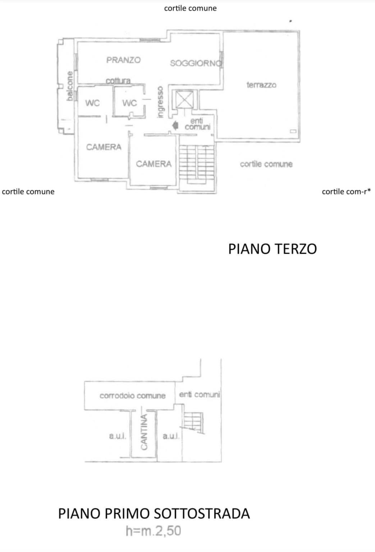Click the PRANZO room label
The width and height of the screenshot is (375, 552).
pos(123,60)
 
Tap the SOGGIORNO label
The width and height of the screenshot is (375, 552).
pos(196,63)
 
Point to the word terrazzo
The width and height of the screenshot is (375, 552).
pos(261,85)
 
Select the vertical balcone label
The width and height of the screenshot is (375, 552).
pos(70,86)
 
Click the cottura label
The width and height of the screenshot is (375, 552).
pos(118,81)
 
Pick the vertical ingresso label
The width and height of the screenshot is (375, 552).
pos(160,102)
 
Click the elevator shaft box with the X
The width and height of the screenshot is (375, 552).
pos(185,100)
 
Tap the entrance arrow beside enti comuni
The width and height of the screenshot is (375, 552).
pos(175,126)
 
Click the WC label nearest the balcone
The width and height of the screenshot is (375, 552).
pos(92,103)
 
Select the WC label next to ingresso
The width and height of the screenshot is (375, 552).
pos(129,103)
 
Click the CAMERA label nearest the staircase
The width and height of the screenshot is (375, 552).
pos(154,164)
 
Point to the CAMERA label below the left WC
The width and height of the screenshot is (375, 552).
pos(104,147)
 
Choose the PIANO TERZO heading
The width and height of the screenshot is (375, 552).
pos(273,249)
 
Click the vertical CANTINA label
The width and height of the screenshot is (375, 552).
pos(144,432)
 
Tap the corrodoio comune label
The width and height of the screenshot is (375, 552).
pos(133,396)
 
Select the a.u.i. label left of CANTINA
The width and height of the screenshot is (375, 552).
pos(118,436)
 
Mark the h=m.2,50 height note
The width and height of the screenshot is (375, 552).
pos(153,531)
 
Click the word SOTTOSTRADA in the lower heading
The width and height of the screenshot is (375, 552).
pos(202,514)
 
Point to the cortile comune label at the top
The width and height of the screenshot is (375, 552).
pos(191,8)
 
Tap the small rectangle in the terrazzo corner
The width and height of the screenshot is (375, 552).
pos(293,131)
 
